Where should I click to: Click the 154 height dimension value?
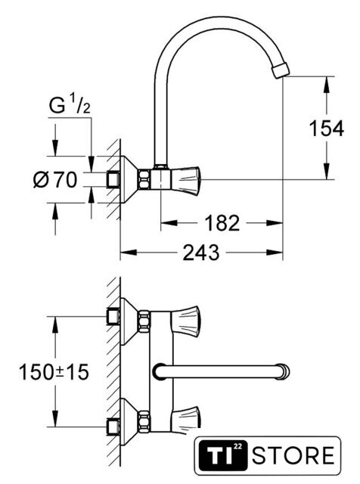[x=327, y=128]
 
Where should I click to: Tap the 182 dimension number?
[x=222, y=223]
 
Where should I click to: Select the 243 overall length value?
[x=201, y=253]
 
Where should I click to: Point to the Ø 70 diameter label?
[x=55, y=180]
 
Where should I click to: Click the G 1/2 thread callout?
[x=70, y=104]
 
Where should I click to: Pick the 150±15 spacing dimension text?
[x=54, y=371]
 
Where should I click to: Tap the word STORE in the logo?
[x=293, y=455]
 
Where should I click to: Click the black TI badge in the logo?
[x=222, y=456]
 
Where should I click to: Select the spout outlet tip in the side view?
[x=281, y=70]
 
